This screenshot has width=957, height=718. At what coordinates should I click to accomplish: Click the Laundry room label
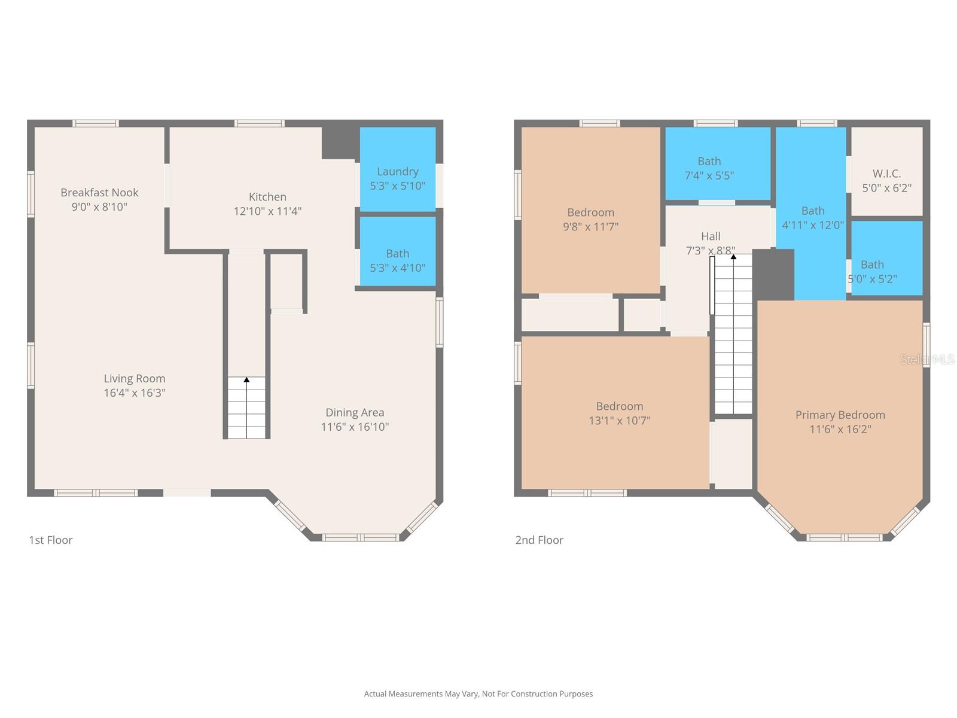(x=397, y=172)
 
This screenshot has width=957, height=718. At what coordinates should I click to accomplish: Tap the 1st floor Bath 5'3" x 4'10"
(x=397, y=261)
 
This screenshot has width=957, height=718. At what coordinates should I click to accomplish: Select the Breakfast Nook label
(x=99, y=193)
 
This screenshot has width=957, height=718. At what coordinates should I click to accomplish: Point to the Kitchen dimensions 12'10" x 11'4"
(x=267, y=211)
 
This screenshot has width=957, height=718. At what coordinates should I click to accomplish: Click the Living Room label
(x=135, y=379)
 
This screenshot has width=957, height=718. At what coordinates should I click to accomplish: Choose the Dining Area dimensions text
(x=355, y=427)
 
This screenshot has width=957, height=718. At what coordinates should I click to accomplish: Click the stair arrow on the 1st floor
(x=246, y=380)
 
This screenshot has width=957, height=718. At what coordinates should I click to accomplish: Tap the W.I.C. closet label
(x=886, y=174)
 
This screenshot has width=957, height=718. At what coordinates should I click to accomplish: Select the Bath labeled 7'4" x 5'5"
(x=709, y=168)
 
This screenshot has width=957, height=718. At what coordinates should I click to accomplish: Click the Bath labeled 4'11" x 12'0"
(x=813, y=218)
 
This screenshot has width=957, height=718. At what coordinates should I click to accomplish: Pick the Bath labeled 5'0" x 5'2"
(x=872, y=272)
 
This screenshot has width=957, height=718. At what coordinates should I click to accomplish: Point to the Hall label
(x=711, y=236)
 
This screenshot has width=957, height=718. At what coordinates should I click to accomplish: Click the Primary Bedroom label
(x=840, y=415)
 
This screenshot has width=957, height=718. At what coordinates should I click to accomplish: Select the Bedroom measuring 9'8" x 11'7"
(x=590, y=220)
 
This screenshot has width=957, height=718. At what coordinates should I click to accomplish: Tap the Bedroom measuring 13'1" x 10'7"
(x=619, y=413)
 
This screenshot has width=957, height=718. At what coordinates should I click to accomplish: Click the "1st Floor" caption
(x=51, y=540)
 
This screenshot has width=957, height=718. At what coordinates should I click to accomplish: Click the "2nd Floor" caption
(x=539, y=540)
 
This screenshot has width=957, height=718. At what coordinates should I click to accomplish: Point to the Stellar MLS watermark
(x=927, y=359)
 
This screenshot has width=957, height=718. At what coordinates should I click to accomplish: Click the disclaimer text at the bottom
(x=478, y=694)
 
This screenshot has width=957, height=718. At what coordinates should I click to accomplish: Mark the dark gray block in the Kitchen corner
(x=339, y=143)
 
